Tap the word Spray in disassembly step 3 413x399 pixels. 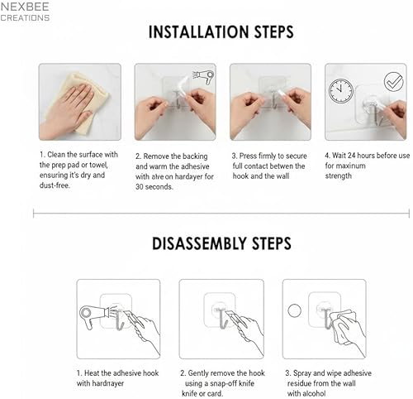point(302,373)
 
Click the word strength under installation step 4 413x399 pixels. point(338,175)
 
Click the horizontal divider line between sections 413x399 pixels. point(206,214)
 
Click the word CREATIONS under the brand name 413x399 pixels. point(25,17)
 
